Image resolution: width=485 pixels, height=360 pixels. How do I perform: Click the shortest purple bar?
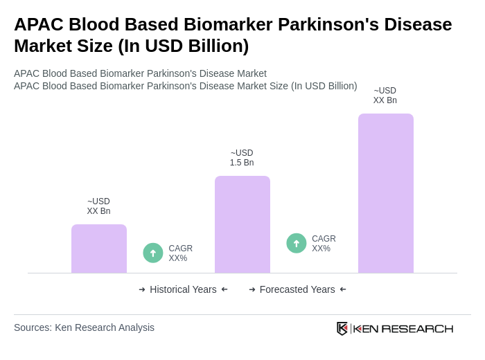[x=99, y=249]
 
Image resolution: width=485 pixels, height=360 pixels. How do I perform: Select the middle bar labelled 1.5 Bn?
[x=242, y=224]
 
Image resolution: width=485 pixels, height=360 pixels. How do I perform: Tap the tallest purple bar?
[x=386, y=193]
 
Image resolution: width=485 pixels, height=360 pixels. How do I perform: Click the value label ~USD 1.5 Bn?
[x=242, y=158]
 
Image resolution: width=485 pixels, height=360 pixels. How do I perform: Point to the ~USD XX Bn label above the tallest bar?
[x=385, y=96]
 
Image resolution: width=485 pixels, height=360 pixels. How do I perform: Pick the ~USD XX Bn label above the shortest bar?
[x=98, y=206]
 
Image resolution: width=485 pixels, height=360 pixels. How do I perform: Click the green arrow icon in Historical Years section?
[x=153, y=253]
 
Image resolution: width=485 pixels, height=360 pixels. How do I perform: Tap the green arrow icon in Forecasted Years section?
[x=297, y=243]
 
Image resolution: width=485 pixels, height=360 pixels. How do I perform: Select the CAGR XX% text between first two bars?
[x=181, y=253]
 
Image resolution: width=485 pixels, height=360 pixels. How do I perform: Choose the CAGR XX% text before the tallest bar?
[x=324, y=244]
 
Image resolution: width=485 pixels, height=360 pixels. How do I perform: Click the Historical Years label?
[x=183, y=289]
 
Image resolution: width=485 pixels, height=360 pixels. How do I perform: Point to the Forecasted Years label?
[x=297, y=289]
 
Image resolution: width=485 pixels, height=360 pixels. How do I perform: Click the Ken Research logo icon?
[x=342, y=328]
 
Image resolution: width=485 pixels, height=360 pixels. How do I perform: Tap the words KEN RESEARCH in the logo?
[x=403, y=329]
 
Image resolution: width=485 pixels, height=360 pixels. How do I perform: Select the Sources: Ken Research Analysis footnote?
[x=84, y=327]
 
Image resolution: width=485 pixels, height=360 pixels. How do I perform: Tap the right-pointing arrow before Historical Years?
[x=142, y=289]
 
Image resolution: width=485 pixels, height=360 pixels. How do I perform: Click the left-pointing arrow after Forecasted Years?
[x=343, y=289]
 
